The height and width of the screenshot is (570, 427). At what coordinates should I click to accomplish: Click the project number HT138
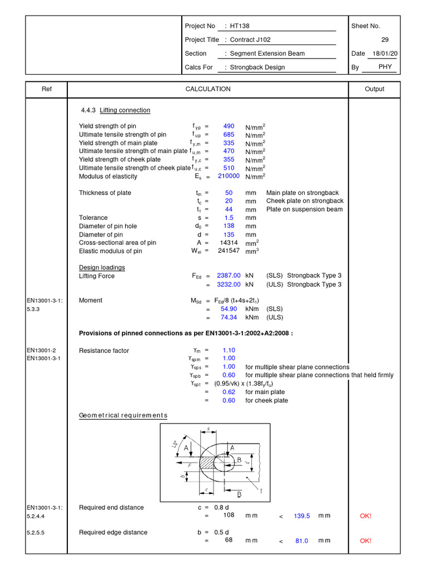(242, 26)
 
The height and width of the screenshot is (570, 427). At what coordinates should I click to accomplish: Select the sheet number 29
(385, 40)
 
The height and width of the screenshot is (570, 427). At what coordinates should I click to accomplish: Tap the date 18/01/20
(385, 53)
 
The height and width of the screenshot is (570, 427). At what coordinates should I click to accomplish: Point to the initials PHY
(385, 67)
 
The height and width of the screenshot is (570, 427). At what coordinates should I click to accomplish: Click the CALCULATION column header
(208, 89)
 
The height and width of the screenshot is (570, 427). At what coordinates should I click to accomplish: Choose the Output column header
(374, 89)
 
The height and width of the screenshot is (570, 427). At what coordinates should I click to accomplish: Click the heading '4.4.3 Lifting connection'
(116, 110)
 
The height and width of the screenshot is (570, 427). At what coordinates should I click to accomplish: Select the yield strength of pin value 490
(229, 126)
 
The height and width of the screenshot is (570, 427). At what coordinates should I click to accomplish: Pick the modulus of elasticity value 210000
(229, 176)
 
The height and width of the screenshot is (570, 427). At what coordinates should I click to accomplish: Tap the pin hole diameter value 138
(229, 226)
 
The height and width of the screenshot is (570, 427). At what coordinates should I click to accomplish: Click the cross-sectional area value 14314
(229, 243)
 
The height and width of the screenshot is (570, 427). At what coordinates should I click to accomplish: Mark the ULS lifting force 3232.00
(229, 284)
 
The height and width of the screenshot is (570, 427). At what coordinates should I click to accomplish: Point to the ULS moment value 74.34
(229, 317)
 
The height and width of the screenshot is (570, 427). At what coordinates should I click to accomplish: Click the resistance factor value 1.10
(229, 350)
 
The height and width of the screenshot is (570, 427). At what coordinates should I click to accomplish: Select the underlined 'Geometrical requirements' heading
(123, 416)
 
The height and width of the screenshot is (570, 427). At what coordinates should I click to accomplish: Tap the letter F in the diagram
(190, 464)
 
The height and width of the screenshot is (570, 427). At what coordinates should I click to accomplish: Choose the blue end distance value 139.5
(302, 516)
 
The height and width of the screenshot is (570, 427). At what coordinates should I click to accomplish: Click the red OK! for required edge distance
(365, 540)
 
